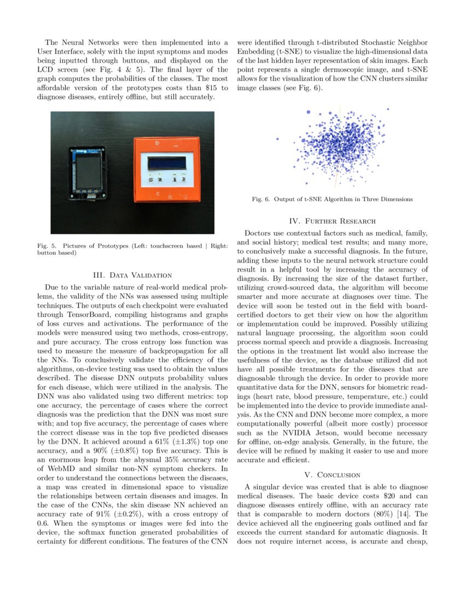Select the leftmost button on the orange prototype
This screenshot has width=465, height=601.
pos(150,179)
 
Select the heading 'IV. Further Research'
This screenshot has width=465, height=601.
pos(332,221)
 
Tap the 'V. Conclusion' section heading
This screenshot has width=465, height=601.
pos(332,474)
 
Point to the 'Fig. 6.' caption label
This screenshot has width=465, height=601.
pos(260,199)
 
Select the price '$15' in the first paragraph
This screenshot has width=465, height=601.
pos(207,88)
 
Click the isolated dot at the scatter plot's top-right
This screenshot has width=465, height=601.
pos(388,109)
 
